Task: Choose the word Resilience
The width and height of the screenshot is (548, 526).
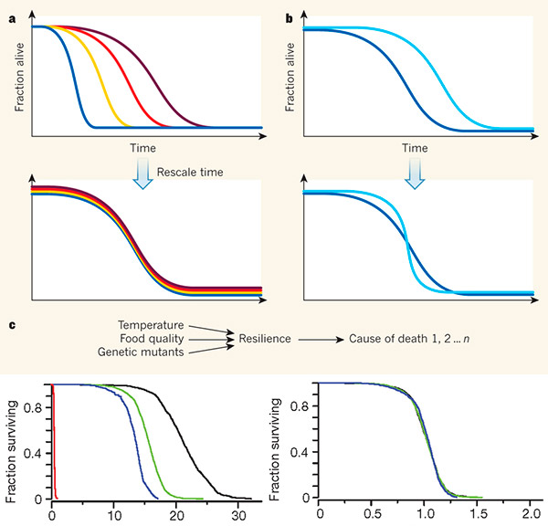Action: click(265, 339)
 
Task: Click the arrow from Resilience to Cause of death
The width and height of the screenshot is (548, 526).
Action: click(321, 339)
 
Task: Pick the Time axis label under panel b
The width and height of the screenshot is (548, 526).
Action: click(416, 147)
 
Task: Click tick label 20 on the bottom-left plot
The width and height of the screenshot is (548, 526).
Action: click(174, 514)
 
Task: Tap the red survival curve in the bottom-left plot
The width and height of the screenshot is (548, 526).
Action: click(54, 438)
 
